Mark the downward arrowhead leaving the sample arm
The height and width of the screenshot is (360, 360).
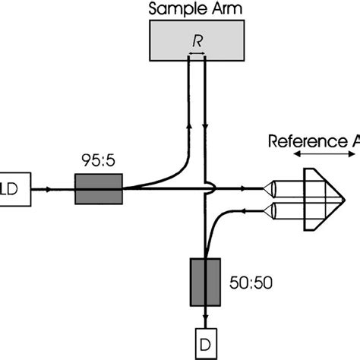pyautogui.click(x=206, y=122)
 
